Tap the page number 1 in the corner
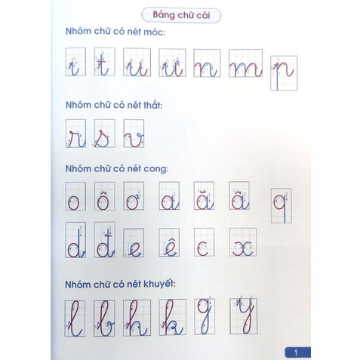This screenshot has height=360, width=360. [297, 351]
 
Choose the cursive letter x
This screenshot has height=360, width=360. [241, 245]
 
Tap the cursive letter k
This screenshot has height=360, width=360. [171, 318]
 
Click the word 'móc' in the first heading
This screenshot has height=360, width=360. [156, 32]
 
